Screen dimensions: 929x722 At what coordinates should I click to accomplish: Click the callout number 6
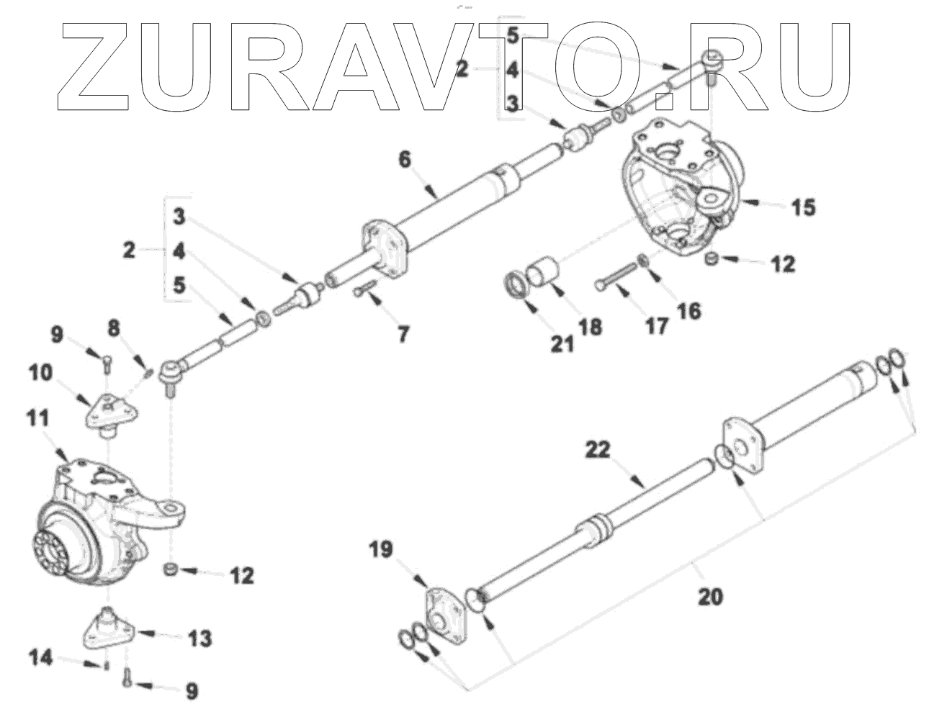pyautogui.click(x=405, y=158)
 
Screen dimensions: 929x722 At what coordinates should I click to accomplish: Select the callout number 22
pyautogui.click(x=598, y=450)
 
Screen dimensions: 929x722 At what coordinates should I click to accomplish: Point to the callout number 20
pyautogui.click(x=710, y=596)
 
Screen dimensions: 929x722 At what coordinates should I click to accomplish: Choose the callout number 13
pyautogui.click(x=200, y=638)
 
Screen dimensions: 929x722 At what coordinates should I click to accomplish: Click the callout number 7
pyautogui.click(x=402, y=333)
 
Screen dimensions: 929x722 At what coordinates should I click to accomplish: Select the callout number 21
pyautogui.click(x=562, y=344)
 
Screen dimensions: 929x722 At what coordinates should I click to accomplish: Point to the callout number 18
pyautogui.click(x=592, y=328)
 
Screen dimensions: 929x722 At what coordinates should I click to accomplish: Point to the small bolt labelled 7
pyautogui.click(x=363, y=289)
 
